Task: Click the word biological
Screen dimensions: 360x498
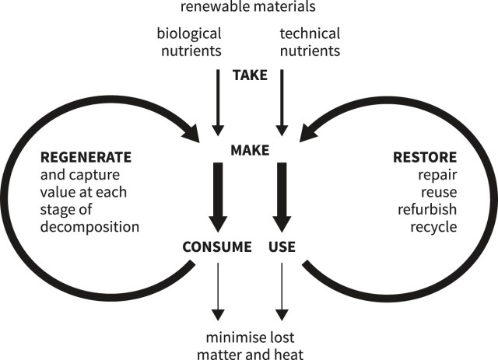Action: coord(189,33)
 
